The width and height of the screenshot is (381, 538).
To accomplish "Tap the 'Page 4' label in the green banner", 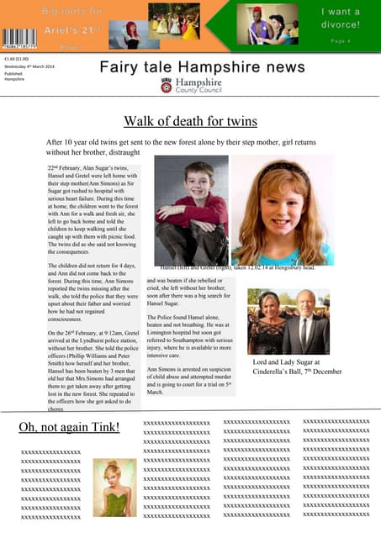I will point(341,40).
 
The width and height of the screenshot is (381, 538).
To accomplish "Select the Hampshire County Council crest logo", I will point(167,85).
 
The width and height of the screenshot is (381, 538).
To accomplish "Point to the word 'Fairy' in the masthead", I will point(119,66).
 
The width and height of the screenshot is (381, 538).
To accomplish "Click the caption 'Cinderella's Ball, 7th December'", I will point(297,371).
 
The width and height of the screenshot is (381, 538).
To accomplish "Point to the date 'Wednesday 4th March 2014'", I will point(29,66).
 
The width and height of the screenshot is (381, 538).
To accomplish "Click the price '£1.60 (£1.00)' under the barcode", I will point(16,59).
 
